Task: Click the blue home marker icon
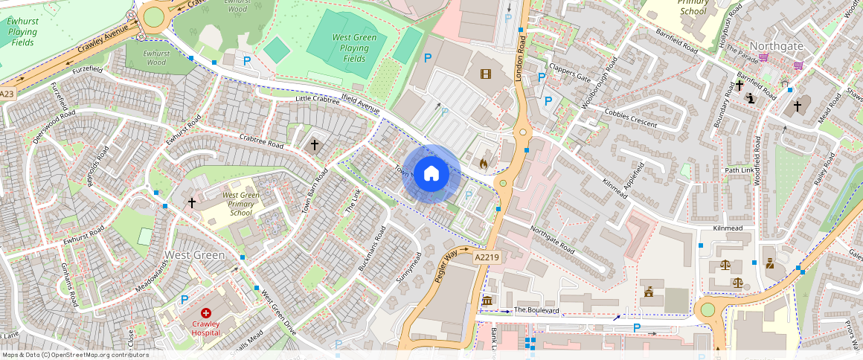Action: point(431,174)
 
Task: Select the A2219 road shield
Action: point(487,257)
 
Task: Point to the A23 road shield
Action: point(7,94)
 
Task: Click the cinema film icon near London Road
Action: point(486,74)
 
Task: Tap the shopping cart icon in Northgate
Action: point(798,65)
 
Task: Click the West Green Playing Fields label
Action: point(349,48)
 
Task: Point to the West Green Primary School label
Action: point(240,204)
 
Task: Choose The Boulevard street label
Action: point(536,309)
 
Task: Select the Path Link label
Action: point(739,170)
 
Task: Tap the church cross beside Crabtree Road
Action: point(315,144)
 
